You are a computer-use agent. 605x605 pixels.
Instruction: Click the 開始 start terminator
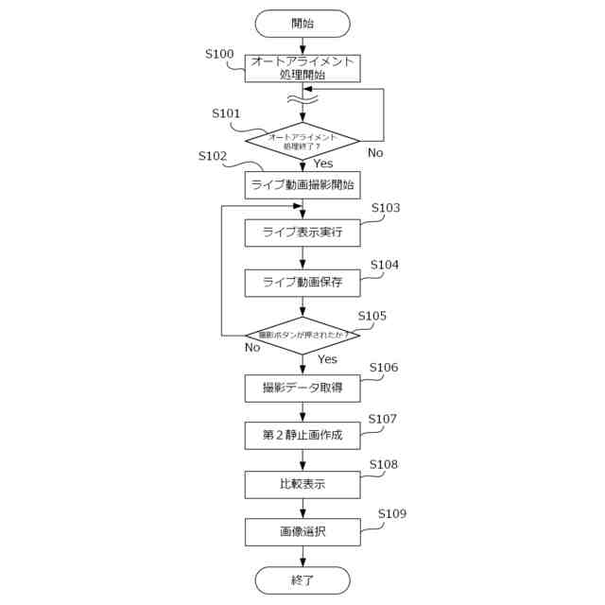point(302,23)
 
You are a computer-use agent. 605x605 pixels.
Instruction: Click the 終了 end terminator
point(302,580)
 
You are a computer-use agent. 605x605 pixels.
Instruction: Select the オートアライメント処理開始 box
point(302,68)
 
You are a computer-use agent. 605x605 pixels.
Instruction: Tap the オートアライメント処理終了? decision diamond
point(302,141)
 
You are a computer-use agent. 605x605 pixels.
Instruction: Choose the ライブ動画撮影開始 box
point(302,185)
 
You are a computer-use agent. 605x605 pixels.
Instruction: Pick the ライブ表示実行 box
point(302,233)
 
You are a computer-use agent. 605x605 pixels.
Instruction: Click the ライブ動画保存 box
point(302,282)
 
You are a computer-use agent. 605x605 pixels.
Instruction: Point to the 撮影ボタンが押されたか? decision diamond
point(302,335)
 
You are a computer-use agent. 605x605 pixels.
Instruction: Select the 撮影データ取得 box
point(302,388)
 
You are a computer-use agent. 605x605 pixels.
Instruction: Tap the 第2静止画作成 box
point(302,436)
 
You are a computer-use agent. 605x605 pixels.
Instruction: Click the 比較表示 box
point(302,484)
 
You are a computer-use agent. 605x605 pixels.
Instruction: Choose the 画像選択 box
point(302,531)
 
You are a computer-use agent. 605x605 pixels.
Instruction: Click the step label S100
point(219,54)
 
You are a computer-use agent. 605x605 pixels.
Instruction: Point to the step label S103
point(385,208)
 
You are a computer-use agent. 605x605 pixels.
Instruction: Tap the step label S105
point(372,316)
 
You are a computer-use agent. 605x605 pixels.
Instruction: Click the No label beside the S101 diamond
point(375,153)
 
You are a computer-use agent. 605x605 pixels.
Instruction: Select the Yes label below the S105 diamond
point(327,359)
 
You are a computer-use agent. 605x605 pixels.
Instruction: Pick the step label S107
point(383,418)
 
